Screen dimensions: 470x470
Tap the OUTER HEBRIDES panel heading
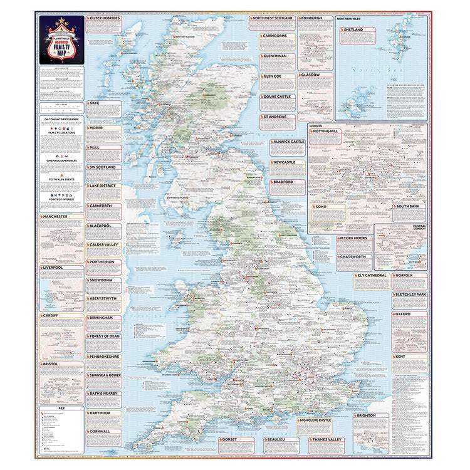pyautogui.click(x=105, y=19)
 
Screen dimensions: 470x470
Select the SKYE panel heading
pyautogui.click(x=96, y=102)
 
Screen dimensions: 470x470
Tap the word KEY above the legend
pyautogui.click(x=61, y=409)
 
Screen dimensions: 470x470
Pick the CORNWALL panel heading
pyautogui.click(x=100, y=431)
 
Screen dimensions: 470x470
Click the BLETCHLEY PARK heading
pyautogui.click(x=410, y=295)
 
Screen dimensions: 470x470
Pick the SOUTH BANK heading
pyautogui.click(x=410, y=206)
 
